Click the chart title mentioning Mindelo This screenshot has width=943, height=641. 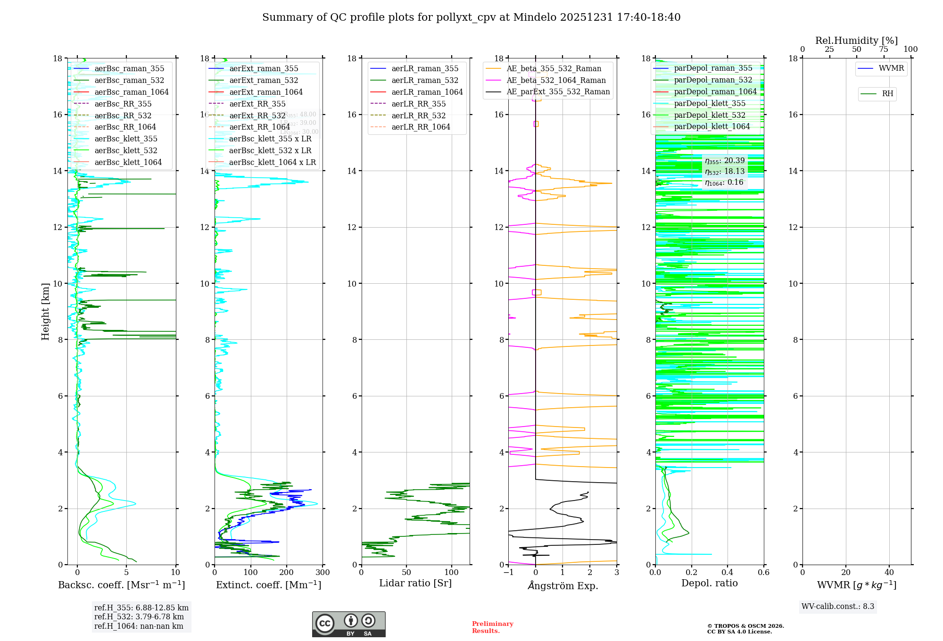471,17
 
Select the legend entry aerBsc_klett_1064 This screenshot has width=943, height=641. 128,162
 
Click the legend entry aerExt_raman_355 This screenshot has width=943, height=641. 264,68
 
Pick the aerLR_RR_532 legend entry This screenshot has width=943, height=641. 418,115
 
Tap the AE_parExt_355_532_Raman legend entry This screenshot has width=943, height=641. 558,91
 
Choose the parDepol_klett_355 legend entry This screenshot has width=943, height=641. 710,103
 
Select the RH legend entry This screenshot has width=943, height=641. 887,94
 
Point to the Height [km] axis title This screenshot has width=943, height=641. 45,311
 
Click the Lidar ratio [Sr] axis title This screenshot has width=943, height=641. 415,583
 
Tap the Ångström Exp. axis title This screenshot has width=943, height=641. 562,585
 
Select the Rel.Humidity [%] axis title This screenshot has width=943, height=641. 856,41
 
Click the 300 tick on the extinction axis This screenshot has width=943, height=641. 323,572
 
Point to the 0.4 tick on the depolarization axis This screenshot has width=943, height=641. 728,572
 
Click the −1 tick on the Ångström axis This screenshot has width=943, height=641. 508,572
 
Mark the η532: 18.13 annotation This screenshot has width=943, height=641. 725,172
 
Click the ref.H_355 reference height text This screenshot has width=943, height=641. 141,608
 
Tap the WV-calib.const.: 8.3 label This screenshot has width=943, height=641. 837,606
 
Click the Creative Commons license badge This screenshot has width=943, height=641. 348,624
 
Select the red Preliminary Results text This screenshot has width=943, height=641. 492,627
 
